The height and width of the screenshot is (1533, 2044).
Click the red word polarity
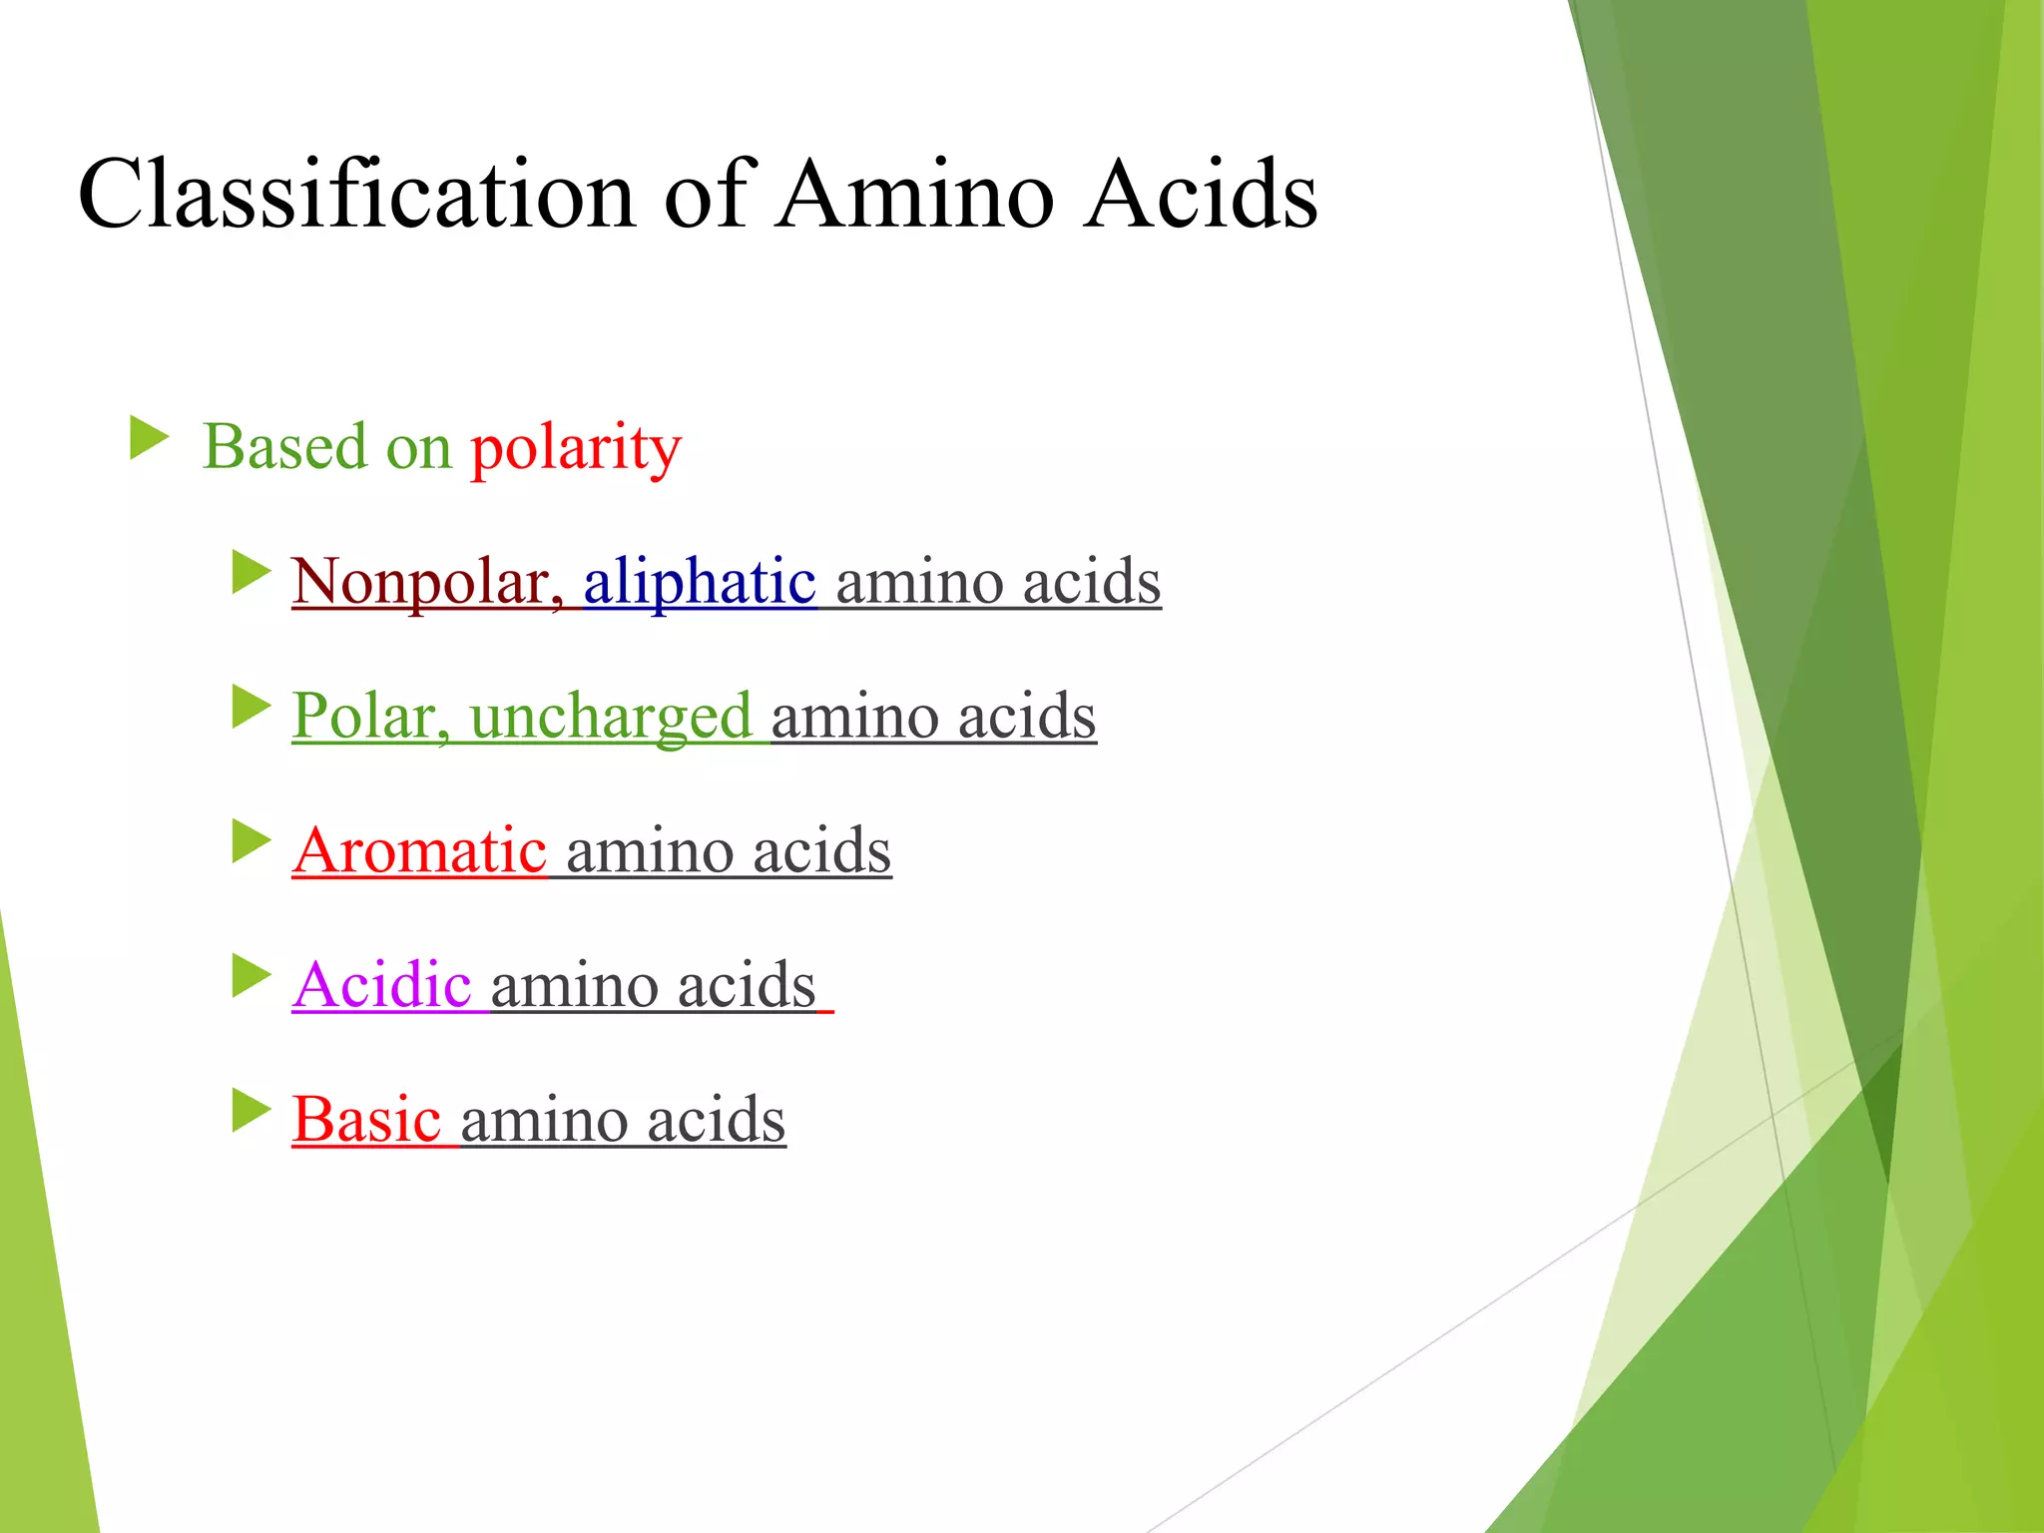coord(576,447)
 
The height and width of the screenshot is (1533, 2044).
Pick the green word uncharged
coord(611,718)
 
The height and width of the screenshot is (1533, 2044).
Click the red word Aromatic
coord(419,850)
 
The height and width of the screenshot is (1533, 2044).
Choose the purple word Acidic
coord(381,985)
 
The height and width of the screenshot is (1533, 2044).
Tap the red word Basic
coord(366,1119)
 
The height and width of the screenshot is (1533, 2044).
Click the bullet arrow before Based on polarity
coord(149,439)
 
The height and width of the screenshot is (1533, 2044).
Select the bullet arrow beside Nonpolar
coord(251,573)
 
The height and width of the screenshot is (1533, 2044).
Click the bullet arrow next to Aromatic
coord(251,841)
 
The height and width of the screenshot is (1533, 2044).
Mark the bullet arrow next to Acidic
coord(251,976)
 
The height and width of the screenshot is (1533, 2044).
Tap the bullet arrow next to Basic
coord(251,1110)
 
